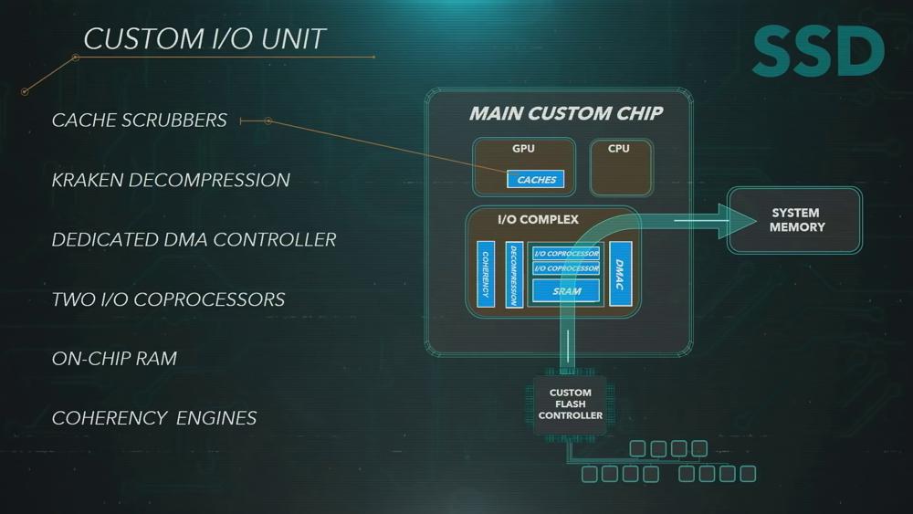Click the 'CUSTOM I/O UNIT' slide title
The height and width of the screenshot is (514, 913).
coord(205,39)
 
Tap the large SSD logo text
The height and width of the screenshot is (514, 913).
coord(818,51)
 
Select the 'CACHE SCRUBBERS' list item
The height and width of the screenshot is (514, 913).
coord(139,120)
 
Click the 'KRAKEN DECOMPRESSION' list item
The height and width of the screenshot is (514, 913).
coord(171,180)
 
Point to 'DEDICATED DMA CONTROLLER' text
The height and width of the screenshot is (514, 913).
coord(194,239)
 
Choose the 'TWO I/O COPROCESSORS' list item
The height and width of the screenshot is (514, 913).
coord(168,299)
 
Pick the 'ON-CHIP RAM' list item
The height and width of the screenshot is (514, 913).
coord(114,359)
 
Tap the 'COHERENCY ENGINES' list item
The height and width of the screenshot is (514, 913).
coord(154,418)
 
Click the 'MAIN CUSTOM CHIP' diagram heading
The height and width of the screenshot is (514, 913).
coord(566,113)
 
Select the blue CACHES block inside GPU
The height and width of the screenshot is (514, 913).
coord(536,179)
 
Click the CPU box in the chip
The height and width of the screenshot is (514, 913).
coord(621,166)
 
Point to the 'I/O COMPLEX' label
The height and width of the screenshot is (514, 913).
coord(538,219)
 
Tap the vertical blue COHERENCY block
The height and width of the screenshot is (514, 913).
coord(486,274)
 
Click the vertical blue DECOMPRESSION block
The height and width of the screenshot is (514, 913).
coord(514,275)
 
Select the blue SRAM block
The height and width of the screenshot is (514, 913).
coord(566,290)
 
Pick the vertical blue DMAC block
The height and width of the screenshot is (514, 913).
coord(621,274)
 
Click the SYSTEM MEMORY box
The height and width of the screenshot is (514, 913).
coord(795,220)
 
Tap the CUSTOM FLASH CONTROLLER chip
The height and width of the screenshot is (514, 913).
coord(570,404)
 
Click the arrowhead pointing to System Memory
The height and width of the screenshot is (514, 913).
coord(737,221)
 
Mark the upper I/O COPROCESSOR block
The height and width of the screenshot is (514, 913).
coord(566,253)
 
